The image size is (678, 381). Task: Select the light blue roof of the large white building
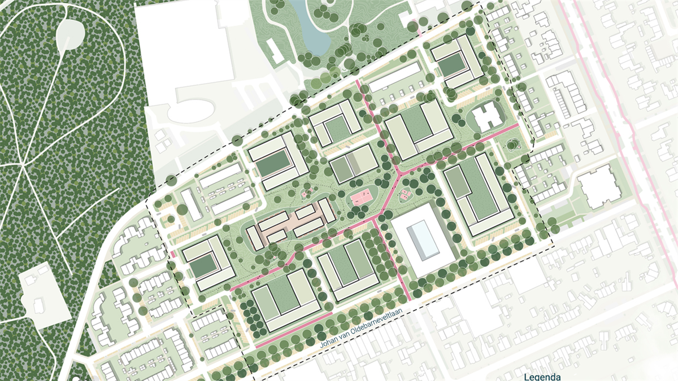423,238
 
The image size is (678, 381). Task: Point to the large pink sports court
362,198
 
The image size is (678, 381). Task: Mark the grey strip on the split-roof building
353,164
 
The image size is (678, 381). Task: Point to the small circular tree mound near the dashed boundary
512,144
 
